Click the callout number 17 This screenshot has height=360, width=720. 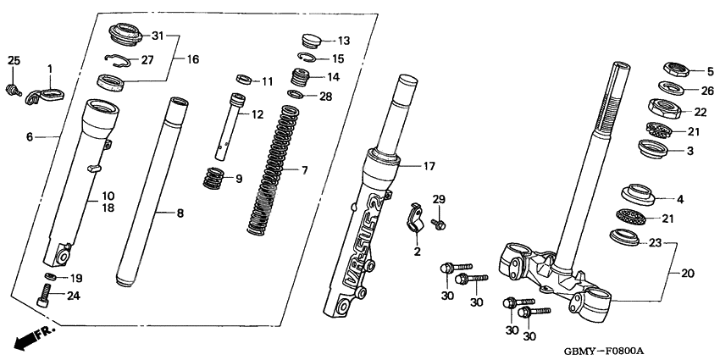click(x=429, y=166)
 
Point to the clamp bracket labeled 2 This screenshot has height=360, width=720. click(x=413, y=218)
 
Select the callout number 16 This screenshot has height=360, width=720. click(x=192, y=59)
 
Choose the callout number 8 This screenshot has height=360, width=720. click(x=179, y=213)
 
